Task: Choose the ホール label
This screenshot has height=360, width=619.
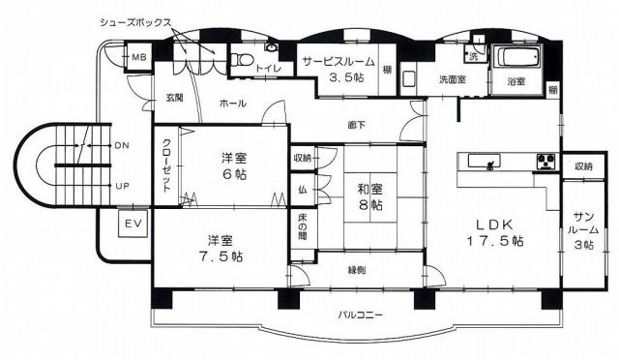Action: click(232, 104)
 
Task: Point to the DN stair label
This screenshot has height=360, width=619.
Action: click(122, 145)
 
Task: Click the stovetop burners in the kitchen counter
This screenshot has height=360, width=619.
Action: click(545, 162)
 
